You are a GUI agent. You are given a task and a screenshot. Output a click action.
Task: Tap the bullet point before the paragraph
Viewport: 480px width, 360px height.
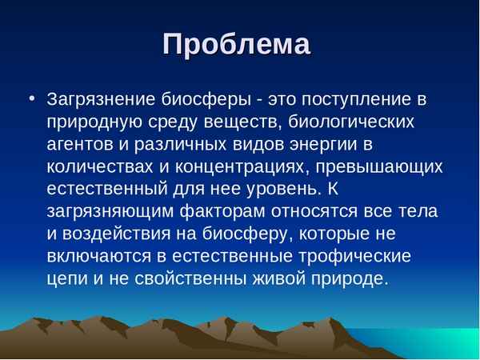[x=31, y=100]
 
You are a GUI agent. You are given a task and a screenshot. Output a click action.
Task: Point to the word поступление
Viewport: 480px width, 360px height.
[x=346, y=102]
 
